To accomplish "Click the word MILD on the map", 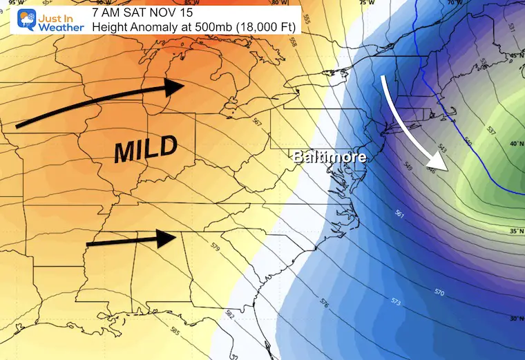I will (x=146, y=149).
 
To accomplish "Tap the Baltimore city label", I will (x=329, y=157).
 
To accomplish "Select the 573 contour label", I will (x=396, y=301).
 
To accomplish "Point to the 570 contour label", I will (x=439, y=292).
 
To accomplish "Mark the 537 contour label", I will (x=490, y=130).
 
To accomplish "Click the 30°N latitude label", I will (x=515, y=318).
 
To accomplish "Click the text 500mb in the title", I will (x=180, y=26).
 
